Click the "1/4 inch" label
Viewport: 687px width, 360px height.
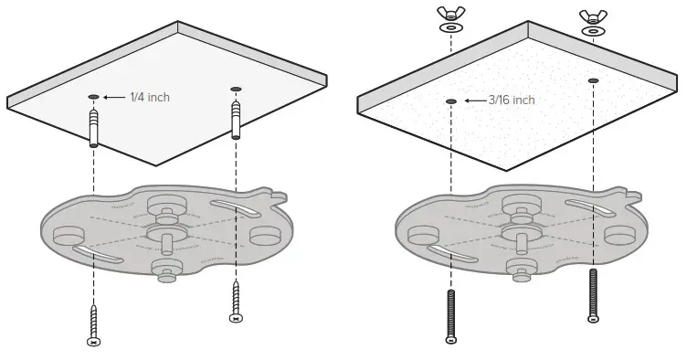[150, 97]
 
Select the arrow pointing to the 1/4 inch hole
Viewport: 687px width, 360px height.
[114, 96]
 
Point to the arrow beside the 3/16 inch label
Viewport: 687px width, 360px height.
[475, 101]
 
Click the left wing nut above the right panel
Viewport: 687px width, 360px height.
[449, 14]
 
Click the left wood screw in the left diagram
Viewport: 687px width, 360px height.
[93, 323]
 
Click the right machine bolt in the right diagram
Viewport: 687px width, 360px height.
[593, 296]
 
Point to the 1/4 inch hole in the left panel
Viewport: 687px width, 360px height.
[93, 95]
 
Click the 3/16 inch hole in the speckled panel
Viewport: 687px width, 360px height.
[449, 101]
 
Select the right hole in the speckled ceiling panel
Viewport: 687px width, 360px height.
[593, 81]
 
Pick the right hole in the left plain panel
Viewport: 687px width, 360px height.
[236, 89]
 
